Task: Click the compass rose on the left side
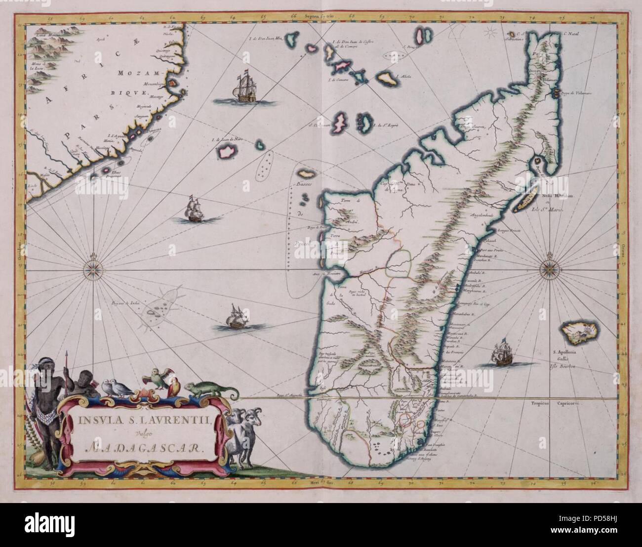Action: coord(92,269)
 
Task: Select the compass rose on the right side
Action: coord(550,269)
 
